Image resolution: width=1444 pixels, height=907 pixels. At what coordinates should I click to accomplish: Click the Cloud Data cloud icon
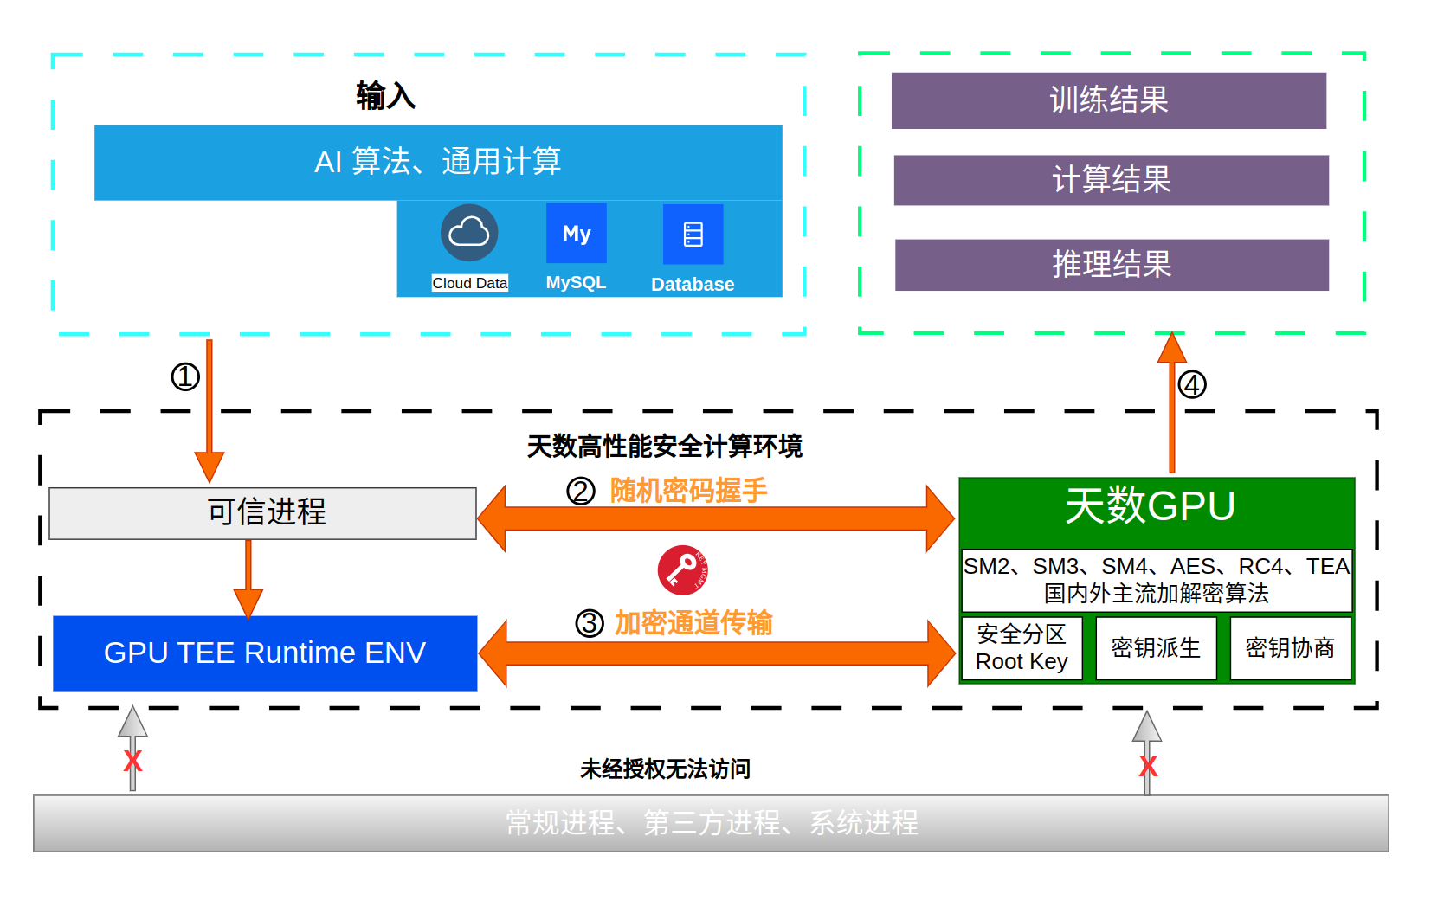click(469, 233)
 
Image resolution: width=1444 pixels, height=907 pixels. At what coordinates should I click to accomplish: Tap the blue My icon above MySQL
click(576, 233)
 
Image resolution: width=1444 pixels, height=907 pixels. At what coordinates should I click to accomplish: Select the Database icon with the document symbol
click(693, 234)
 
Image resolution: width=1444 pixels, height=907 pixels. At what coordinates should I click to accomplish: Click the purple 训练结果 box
click(1108, 100)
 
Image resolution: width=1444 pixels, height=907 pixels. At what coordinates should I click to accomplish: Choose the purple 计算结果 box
click(1111, 180)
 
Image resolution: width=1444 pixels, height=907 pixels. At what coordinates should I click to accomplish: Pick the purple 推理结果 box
click(1112, 265)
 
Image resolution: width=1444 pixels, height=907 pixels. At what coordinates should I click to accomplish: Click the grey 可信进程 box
click(262, 513)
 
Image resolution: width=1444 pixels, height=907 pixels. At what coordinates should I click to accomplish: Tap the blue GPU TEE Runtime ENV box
click(265, 653)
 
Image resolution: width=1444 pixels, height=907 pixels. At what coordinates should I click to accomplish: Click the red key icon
click(683, 570)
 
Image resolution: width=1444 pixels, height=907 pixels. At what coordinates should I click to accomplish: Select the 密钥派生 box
click(1156, 648)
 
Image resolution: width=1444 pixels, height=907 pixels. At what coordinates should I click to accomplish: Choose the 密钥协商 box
click(1290, 648)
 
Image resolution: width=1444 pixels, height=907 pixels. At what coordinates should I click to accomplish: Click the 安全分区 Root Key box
click(1022, 648)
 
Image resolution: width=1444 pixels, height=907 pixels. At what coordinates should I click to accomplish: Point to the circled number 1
click(185, 376)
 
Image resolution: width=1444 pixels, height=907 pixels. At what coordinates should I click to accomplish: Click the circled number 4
click(1192, 384)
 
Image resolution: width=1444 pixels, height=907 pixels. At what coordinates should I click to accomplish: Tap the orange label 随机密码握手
click(688, 491)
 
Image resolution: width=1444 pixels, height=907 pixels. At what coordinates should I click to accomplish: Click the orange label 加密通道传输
click(693, 623)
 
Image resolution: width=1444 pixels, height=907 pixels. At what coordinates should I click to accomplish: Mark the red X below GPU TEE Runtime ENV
click(132, 762)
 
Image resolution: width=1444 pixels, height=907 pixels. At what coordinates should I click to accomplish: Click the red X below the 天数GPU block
click(1148, 766)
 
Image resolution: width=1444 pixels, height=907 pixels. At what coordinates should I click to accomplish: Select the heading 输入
click(385, 95)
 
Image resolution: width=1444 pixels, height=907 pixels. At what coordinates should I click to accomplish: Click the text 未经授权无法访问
click(665, 769)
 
